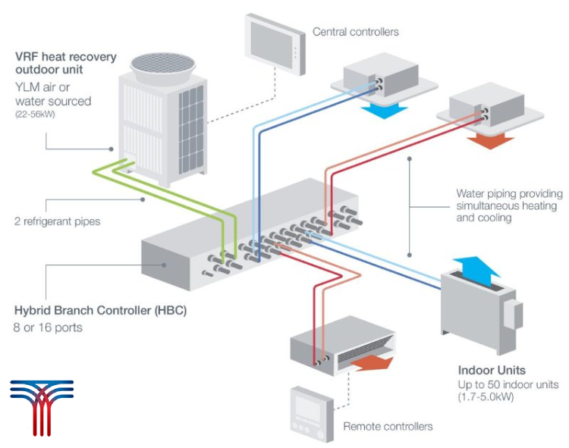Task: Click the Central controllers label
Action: [x=356, y=32]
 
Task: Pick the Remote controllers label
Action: [x=388, y=427]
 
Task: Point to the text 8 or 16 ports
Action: [x=48, y=327]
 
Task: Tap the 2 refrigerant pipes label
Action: [x=58, y=221]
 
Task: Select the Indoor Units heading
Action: [x=492, y=371]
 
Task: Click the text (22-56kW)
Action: [x=33, y=115]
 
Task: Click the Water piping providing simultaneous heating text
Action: [x=506, y=205]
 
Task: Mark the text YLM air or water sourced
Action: [x=53, y=95]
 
